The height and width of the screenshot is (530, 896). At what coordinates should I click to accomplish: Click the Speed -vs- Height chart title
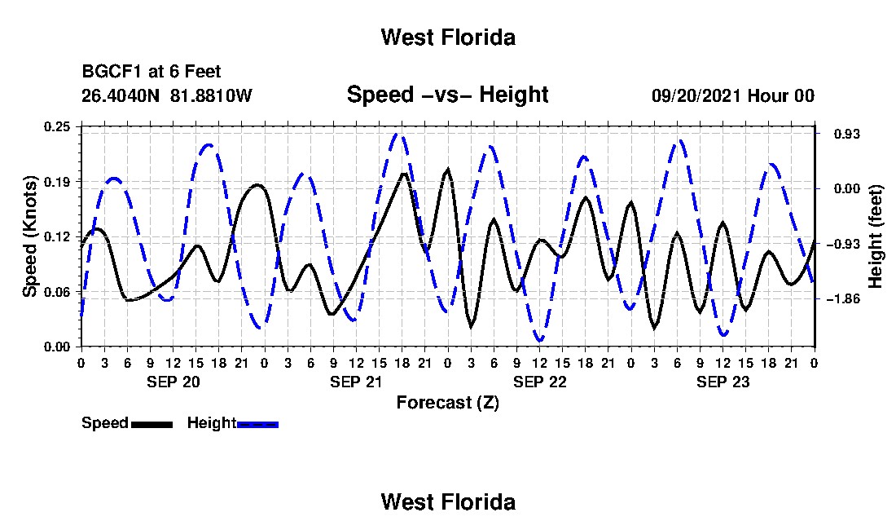447,95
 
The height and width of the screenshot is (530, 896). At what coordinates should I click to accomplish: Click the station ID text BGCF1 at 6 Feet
152,72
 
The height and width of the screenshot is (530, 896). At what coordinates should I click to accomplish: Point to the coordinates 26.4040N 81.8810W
167,95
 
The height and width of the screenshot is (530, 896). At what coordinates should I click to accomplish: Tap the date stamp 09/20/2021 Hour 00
733,95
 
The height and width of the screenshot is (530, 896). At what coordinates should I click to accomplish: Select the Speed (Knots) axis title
29,236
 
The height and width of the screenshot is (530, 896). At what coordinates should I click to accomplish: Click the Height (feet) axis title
875,236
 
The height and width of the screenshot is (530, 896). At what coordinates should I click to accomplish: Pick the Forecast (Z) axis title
448,403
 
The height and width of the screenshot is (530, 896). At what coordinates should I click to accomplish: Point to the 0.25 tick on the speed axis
57,126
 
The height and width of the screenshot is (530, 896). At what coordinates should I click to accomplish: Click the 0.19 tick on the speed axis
57,182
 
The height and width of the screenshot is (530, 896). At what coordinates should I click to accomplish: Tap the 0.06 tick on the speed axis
57,292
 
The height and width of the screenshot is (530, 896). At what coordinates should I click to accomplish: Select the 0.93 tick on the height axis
846,134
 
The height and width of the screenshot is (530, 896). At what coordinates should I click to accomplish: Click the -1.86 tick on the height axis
843,299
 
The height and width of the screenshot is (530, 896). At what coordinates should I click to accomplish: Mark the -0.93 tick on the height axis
843,244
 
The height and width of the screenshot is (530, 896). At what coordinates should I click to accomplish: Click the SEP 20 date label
173,382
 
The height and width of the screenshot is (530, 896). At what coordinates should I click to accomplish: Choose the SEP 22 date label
539,382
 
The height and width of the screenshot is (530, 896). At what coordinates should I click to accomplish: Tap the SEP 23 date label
723,382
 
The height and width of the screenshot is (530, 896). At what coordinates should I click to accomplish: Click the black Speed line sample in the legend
152,424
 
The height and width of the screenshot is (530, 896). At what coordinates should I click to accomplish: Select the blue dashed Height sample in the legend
257,424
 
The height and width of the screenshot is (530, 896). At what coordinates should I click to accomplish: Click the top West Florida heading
448,38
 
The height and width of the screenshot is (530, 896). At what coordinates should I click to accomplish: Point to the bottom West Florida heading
448,502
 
